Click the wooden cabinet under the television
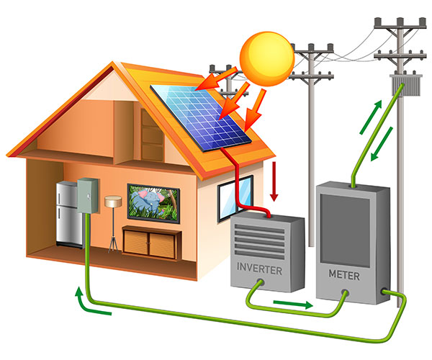[151, 240]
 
